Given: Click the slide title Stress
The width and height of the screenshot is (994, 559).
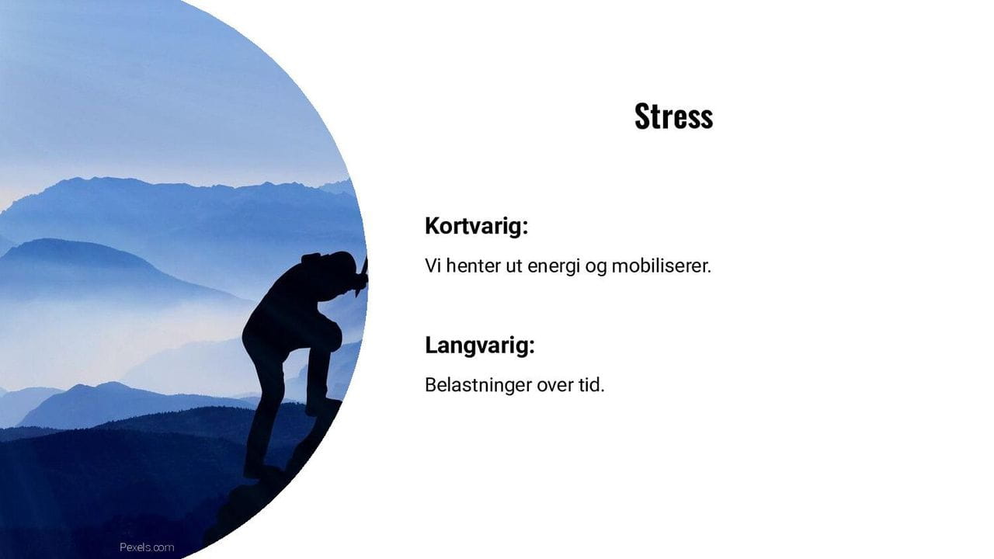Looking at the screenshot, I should pyautogui.click(x=673, y=116).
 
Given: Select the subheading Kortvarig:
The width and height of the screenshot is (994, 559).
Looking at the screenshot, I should pyautogui.click(x=476, y=227).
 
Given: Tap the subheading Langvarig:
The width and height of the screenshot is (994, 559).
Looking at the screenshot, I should pyautogui.click(x=479, y=345).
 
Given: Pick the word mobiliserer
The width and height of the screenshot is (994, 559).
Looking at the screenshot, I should pyautogui.click(x=661, y=266).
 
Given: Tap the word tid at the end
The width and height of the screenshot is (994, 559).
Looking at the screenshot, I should pyautogui.click(x=592, y=384).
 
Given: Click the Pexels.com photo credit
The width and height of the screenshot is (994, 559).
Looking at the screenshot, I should pyautogui.click(x=147, y=547).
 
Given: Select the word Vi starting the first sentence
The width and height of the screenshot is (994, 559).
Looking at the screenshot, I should pyautogui.click(x=433, y=266).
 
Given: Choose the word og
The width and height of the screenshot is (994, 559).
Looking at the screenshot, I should pyautogui.click(x=594, y=267).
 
